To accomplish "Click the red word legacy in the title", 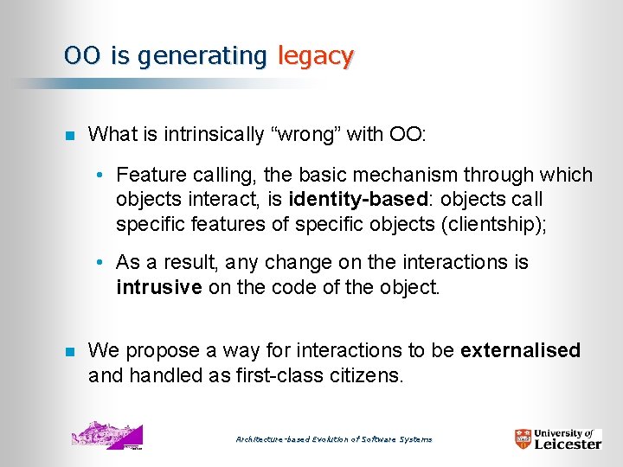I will point(316,56).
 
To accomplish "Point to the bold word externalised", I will point(521,350).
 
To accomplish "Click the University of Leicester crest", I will point(523,439).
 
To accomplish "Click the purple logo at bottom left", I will point(107,435).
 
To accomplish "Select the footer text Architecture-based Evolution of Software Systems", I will point(334,439).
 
